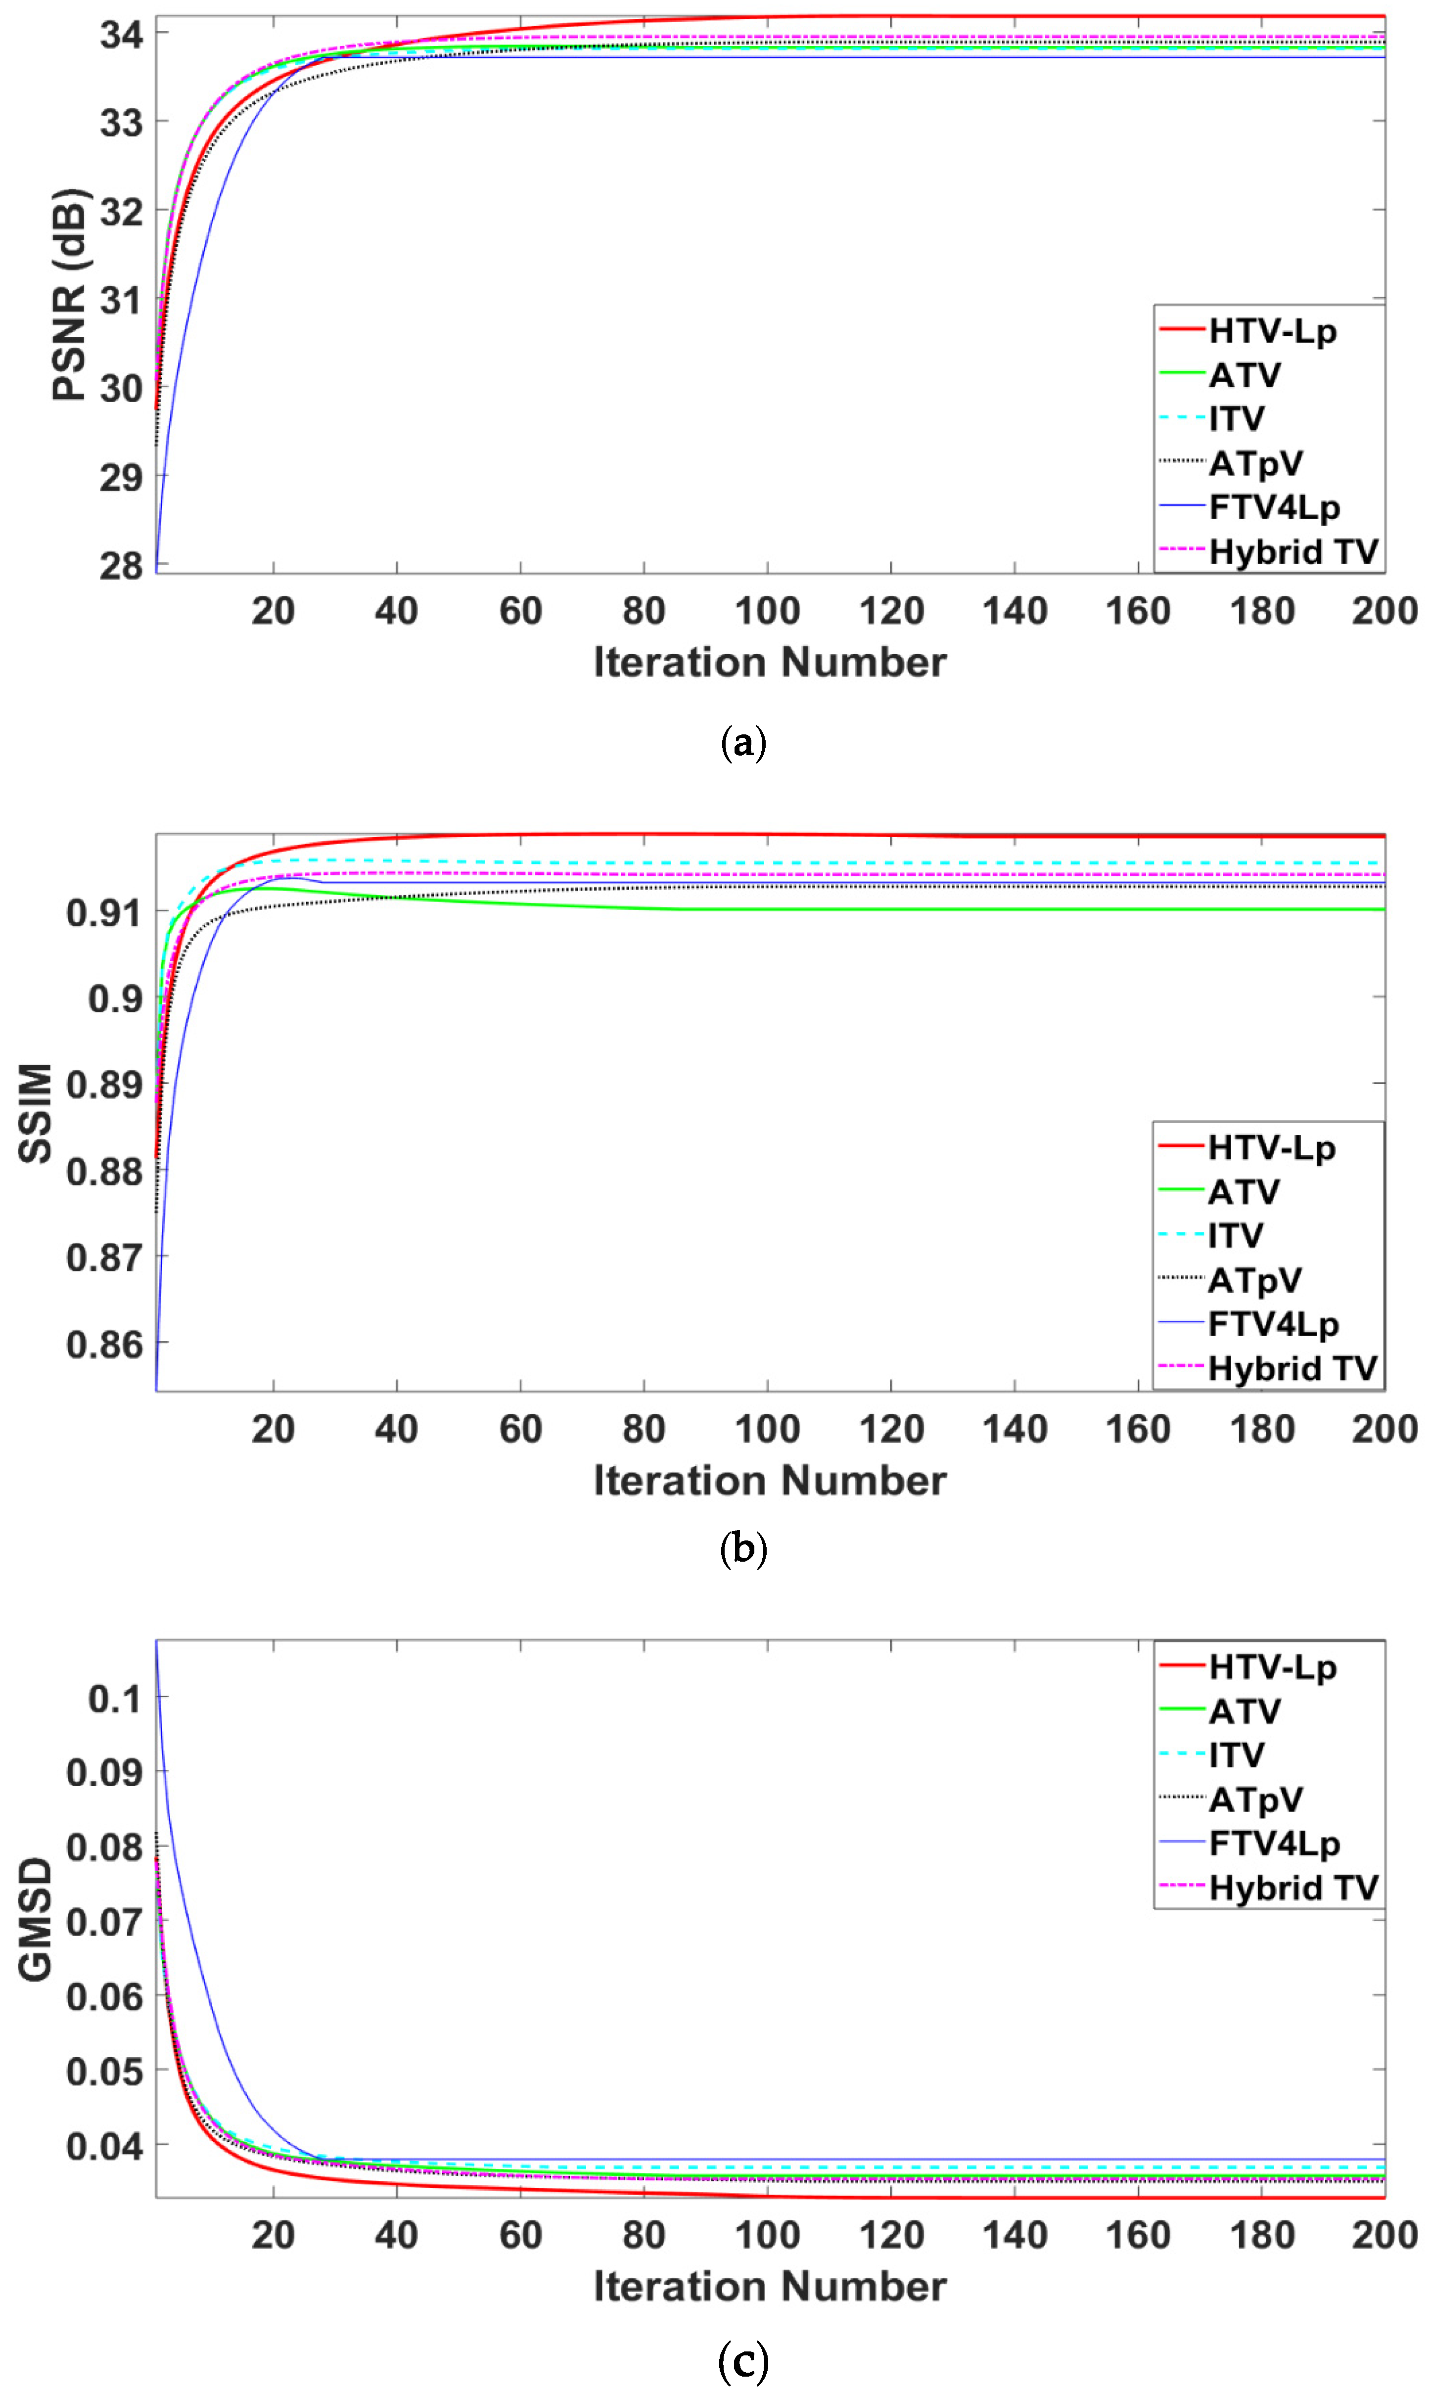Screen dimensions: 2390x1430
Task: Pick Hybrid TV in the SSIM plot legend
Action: pos(1292,1368)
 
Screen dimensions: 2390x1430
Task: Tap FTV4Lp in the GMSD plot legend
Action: pos(1274,1843)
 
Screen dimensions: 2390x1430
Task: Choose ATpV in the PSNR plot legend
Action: pos(1255,463)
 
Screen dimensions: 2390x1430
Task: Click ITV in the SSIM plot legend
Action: pos(1235,1235)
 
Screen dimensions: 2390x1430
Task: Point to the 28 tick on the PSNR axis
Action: pos(121,565)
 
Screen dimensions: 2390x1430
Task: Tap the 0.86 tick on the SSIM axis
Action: pos(104,1344)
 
